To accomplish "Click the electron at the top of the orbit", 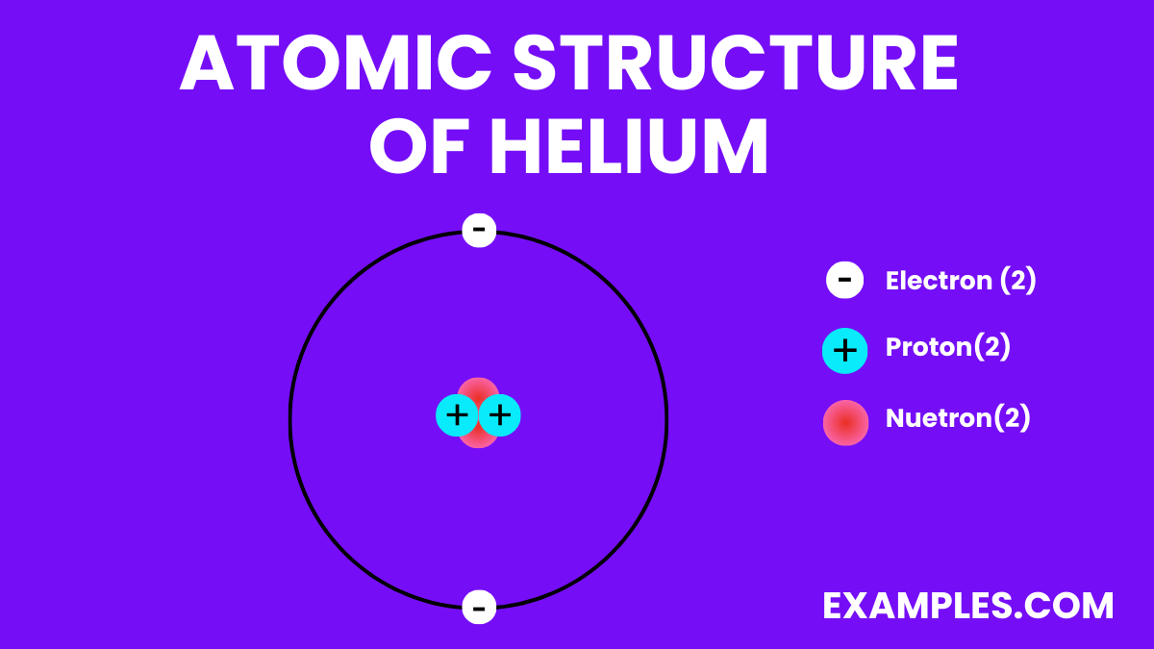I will click(x=479, y=231).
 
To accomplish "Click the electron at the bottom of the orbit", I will click(x=479, y=607).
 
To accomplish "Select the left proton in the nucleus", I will click(x=457, y=416).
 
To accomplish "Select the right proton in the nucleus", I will click(x=500, y=416).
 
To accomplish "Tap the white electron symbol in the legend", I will click(x=844, y=280).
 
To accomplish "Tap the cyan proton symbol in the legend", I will click(x=844, y=351).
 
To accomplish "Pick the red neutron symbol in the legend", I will click(x=845, y=422).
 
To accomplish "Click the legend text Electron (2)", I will click(x=960, y=281).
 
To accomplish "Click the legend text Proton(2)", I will click(x=947, y=347).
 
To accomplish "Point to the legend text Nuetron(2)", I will click(x=957, y=418).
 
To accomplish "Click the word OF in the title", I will click(x=421, y=147).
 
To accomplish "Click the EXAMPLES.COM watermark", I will click(x=967, y=606).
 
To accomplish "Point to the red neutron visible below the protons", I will click(x=478, y=441).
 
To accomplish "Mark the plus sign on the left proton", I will click(x=457, y=416).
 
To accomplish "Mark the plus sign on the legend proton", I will click(x=844, y=351).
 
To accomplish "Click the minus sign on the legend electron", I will click(x=844, y=281).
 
